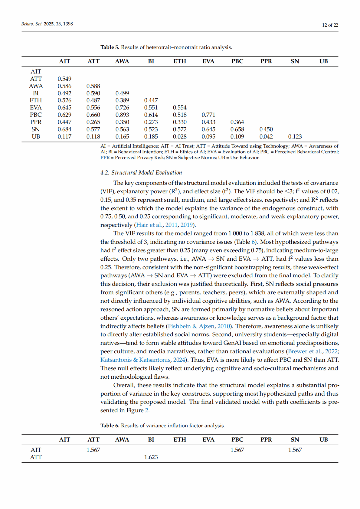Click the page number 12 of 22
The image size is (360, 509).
[x=330, y=25]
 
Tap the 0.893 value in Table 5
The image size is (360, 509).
[x=122, y=115]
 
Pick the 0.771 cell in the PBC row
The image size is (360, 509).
[x=208, y=115]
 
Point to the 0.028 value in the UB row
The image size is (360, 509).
[x=180, y=137]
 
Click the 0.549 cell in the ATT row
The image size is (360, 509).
[x=64, y=79]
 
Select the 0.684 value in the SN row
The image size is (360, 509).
[x=64, y=129]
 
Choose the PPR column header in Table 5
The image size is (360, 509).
[x=266, y=61]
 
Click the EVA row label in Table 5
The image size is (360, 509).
[x=36, y=108]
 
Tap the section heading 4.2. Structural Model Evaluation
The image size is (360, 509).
[x=141, y=173]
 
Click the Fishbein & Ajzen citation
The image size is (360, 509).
[x=191, y=326]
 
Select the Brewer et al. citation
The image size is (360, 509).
[x=305, y=351]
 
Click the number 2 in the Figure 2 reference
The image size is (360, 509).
[x=147, y=410]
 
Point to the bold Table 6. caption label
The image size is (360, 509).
[x=110, y=426]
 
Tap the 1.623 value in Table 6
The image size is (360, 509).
[x=151, y=457]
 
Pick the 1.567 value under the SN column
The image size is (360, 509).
[x=295, y=450]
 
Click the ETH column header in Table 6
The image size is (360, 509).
[x=180, y=440]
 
